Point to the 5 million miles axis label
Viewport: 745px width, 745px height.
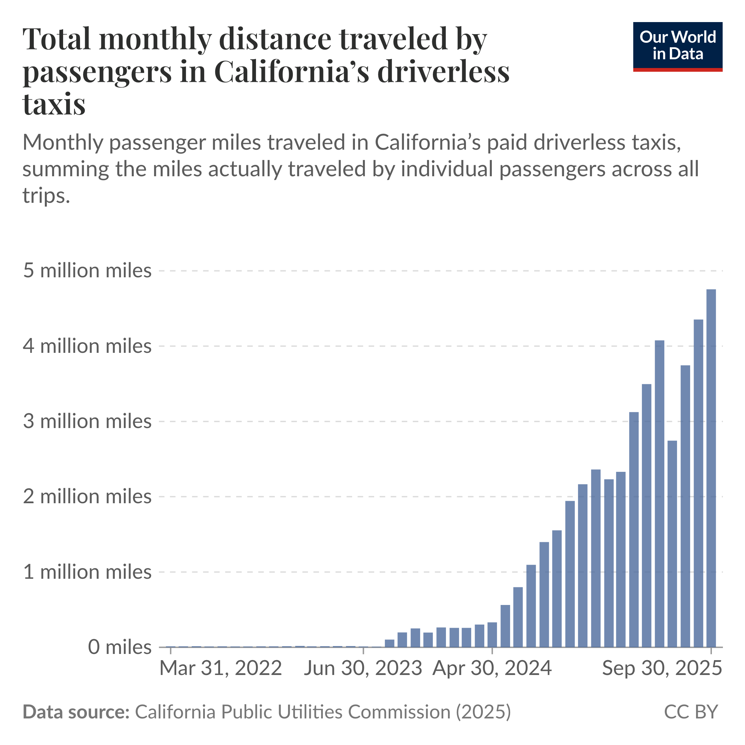point(87,271)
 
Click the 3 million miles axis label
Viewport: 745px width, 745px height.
point(87,421)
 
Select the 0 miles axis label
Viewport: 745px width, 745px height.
point(120,647)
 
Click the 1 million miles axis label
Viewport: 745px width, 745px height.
point(87,572)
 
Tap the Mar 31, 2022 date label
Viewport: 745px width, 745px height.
point(221,668)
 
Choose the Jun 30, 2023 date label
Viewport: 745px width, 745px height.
point(363,668)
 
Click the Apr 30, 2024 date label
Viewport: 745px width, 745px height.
point(492,668)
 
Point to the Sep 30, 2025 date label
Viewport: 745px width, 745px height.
point(662,668)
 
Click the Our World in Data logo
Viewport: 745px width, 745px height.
point(677,46)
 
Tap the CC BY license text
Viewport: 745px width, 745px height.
point(691,712)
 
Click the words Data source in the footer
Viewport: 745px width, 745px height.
point(76,712)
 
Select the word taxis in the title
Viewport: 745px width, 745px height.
point(54,104)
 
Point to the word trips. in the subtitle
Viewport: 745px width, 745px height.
point(46,196)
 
